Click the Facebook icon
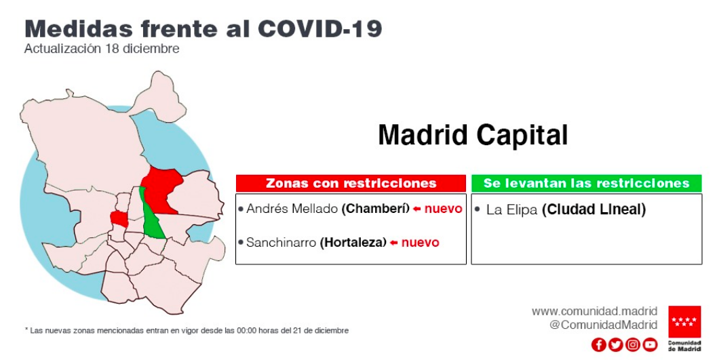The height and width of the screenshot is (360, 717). (x=598, y=344)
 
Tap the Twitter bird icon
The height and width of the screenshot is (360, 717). (x=615, y=344)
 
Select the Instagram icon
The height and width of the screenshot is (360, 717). (x=633, y=344)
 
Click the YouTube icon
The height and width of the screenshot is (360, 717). (x=651, y=344)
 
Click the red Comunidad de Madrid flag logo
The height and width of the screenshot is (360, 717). (x=684, y=321)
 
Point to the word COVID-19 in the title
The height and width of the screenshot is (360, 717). (x=319, y=28)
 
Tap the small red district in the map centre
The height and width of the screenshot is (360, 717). (x=119, y=219)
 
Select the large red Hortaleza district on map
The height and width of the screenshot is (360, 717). (x=161, y=187)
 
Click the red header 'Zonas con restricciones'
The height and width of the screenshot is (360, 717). (x=351, y=183)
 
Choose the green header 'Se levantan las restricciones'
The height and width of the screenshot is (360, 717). (x=586, y=183)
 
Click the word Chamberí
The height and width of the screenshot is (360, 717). (x=375, y=209)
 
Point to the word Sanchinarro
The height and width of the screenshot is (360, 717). (x=282, y=242)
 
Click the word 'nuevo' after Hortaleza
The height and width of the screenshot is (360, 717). (x=421, y=242)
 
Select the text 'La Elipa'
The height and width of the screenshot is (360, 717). (x=511, y=209)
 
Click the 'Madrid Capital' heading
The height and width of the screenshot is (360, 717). (x=473, y=135)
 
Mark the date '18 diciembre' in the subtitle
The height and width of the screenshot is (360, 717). (x=142, y=48)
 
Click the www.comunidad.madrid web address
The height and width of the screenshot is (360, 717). (x=594, y=311)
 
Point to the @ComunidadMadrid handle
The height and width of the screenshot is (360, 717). (x=604, y=325)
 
